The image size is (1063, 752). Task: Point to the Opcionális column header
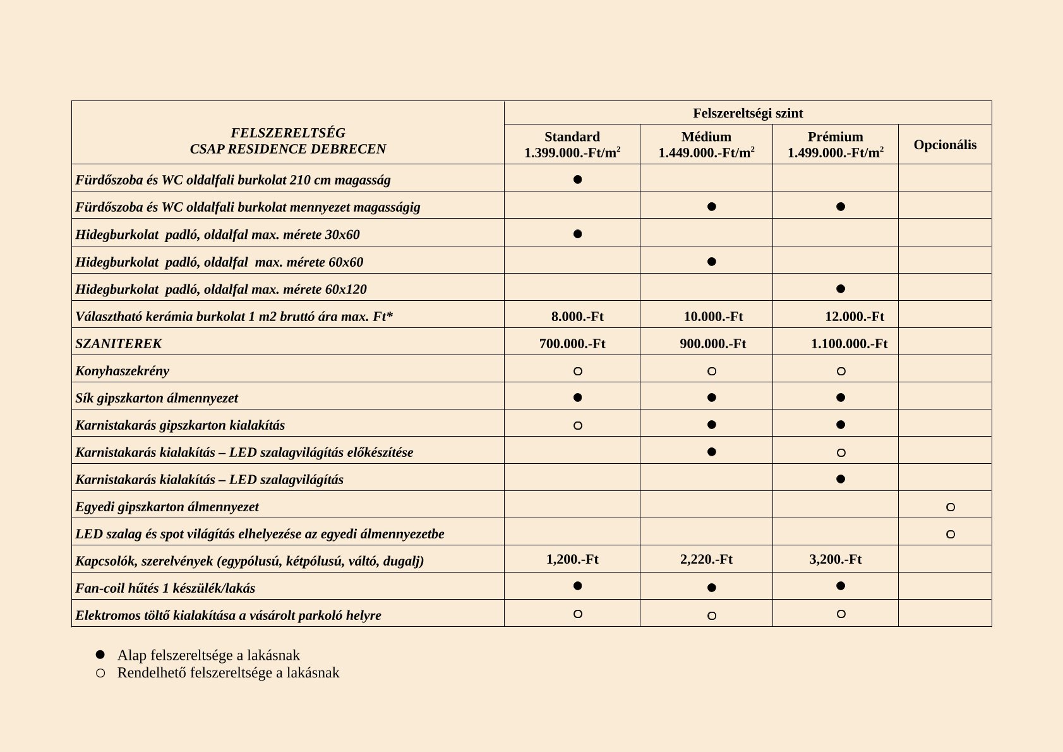945,145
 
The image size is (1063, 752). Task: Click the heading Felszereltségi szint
748,113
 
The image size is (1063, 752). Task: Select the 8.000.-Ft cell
577,317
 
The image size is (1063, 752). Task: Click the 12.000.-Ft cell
854,317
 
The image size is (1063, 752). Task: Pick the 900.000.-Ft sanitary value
712,344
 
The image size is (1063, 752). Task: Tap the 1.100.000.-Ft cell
849,344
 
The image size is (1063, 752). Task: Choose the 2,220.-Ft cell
706,559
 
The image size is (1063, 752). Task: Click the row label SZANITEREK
119,344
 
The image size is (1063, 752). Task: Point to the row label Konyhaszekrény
123,371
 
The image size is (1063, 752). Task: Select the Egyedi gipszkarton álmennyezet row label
167,507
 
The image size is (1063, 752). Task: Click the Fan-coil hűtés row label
165,588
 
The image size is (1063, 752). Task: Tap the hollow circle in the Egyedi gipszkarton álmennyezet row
950,507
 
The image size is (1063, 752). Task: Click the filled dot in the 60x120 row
840,289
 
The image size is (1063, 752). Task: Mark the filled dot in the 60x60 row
711,262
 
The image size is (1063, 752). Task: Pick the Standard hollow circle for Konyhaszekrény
577,372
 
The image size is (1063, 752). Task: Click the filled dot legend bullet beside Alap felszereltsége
100,655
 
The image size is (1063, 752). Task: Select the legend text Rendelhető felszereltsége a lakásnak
228,672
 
